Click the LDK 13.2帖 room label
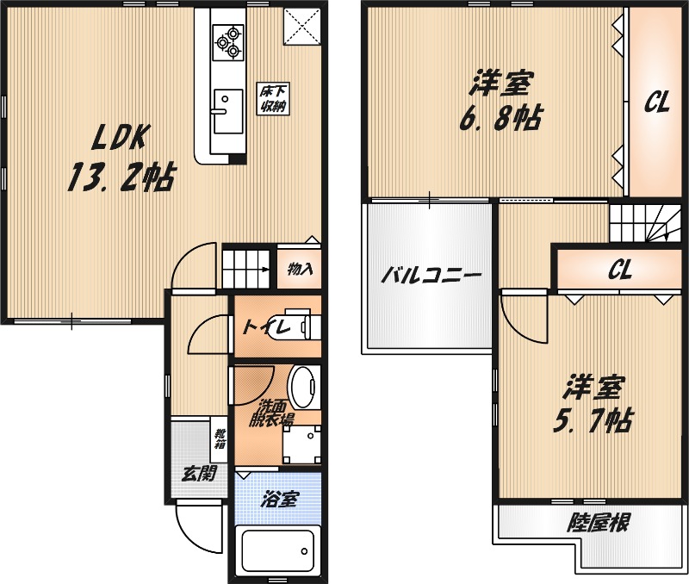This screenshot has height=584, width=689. coord(121,157)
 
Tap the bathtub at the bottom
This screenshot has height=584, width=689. coord(277,551)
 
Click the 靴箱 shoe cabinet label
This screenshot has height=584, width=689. coord(220,439)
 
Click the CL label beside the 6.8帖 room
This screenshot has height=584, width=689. coord(658,103)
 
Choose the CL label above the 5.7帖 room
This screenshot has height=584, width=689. coord(620,270)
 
